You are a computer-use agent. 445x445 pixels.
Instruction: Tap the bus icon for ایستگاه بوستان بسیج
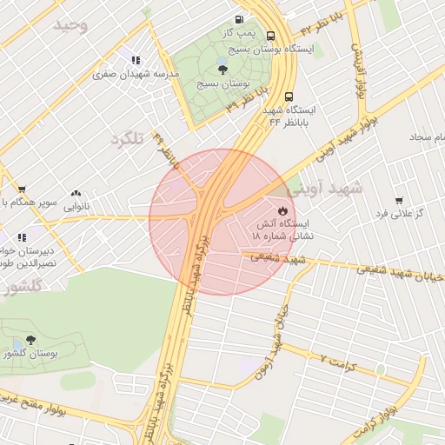pos(271,37)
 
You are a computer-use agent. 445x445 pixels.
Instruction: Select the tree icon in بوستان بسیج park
pos(222,70)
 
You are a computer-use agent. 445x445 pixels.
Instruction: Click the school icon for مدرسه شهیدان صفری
pos(136,60)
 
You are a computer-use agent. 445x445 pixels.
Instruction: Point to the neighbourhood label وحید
pos(70,25)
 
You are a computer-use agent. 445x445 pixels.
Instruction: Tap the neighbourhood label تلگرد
pos(126,138)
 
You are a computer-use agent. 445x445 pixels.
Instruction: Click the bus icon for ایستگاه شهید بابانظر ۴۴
pos(289,97)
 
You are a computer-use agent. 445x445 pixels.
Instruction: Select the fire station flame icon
pos(282,210)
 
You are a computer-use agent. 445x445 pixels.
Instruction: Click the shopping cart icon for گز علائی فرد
pos(399,201)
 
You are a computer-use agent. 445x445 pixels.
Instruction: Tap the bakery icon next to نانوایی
pos(76,194)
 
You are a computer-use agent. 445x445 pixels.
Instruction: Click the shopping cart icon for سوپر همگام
pos(22,189)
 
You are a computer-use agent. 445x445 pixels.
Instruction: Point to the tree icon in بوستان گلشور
pos(31,340)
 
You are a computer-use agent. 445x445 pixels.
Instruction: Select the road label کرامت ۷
pos(337,359)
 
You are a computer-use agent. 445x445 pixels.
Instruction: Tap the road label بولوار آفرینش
pos(360,73)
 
